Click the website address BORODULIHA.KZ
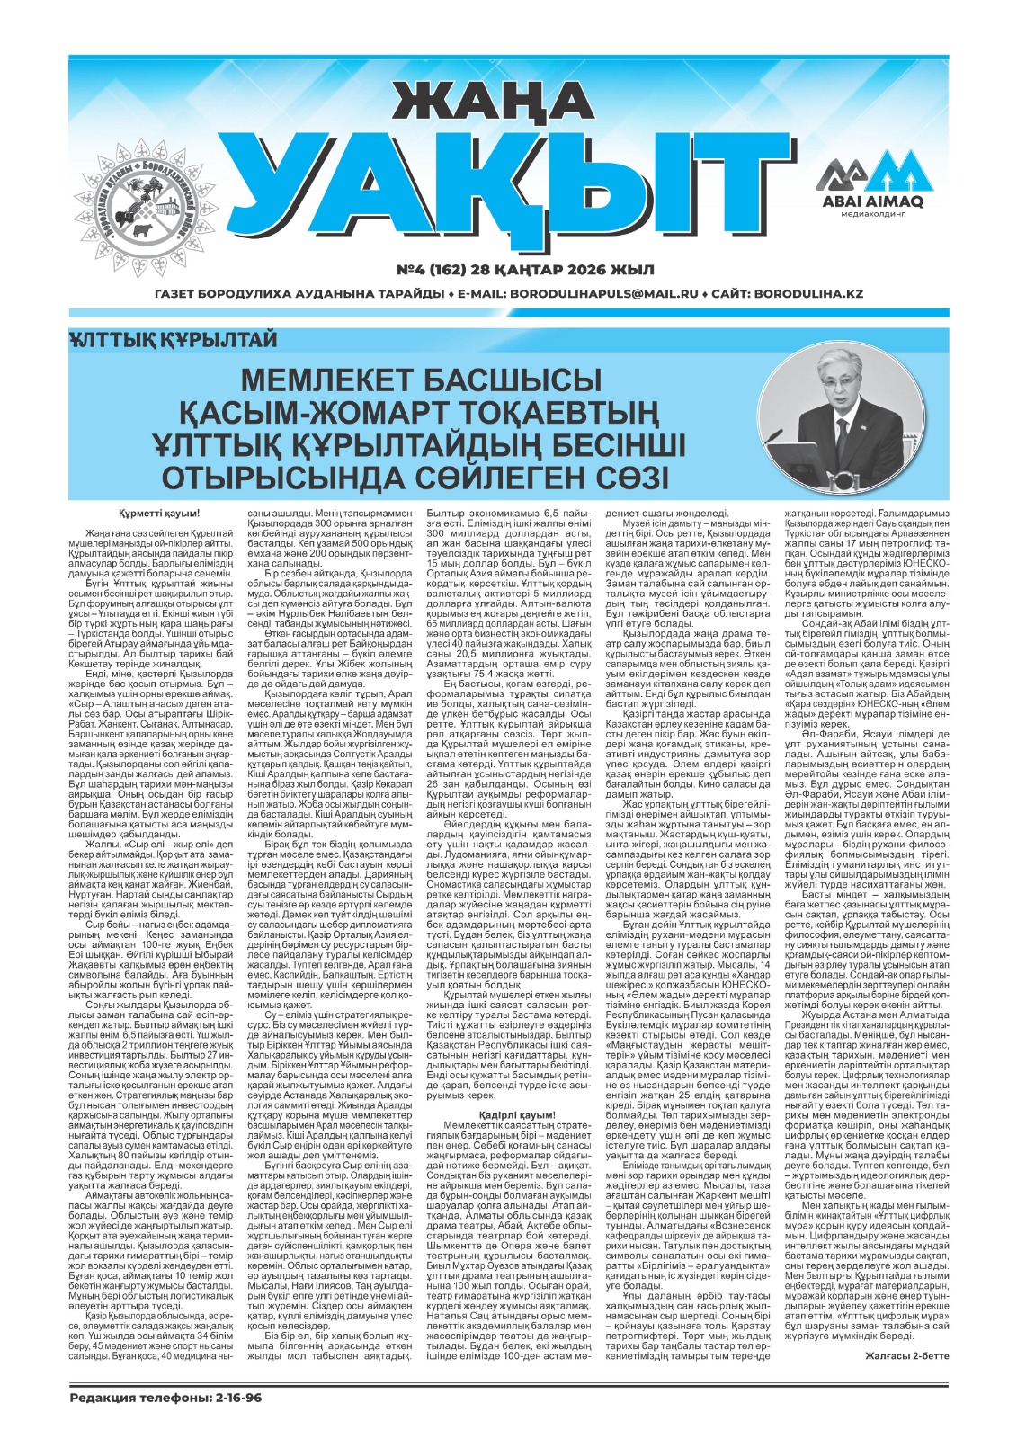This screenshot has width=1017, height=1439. [x=808, y=294]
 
